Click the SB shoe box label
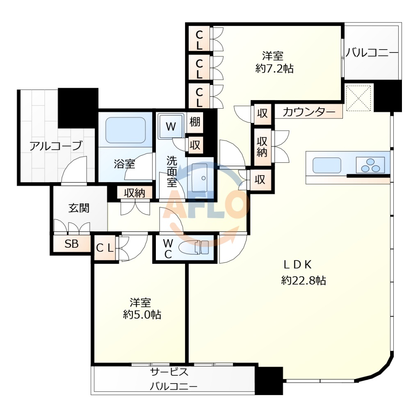pos(71,244)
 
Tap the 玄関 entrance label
pos(79,208)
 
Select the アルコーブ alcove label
pos(55,146)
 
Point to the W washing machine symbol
pos(171,126)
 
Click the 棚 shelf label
pos(195,122)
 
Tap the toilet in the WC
pos(194,247)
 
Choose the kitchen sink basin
pos(327,165)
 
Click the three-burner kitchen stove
pos(370,165)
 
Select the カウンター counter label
pos(309,112)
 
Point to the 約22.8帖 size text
pos(304,281)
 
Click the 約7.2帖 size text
pos(274,69)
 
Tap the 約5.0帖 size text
pos(142,315)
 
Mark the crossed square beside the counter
pos(358,98)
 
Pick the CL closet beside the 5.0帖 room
pos(105,248)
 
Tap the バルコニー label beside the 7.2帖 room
pos(372,53)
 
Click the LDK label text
pos(297,265)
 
